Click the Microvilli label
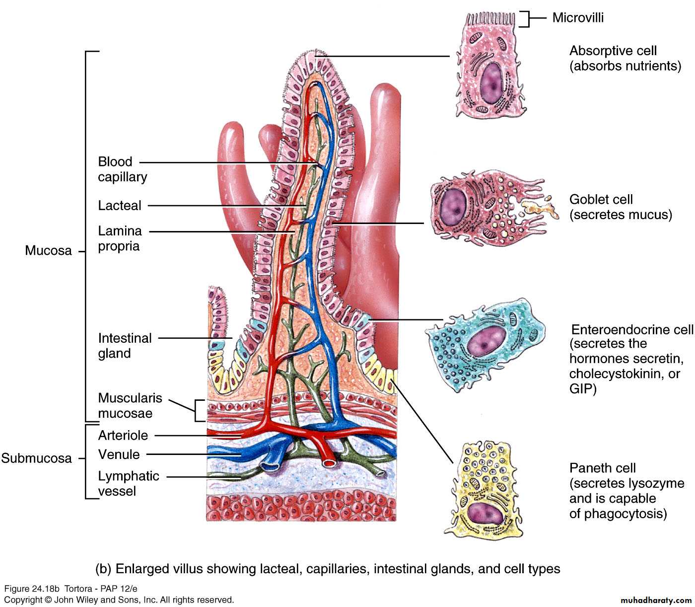578,18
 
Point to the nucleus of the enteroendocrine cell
482,341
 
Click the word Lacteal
120,206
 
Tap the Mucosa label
48,250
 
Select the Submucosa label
36,458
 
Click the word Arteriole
123,435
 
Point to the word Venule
119,454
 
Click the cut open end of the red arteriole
329,463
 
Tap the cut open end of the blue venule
271,466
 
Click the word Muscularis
130,398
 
